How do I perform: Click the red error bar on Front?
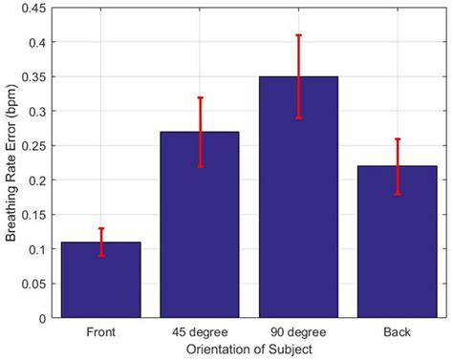coord(101,242)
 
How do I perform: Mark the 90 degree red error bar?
coord(299,76)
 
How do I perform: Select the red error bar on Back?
coord(398,166)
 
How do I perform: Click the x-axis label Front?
coord(101,330)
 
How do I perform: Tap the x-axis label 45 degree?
coord(199,330)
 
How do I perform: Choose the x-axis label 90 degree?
coord(299,330)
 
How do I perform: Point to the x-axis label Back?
coord(398,330)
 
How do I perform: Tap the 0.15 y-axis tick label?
coord(36,214)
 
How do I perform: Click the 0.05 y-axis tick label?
coord(36,284)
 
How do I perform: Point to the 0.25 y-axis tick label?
coord(36,145)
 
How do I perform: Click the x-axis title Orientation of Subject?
coord(249,349)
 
